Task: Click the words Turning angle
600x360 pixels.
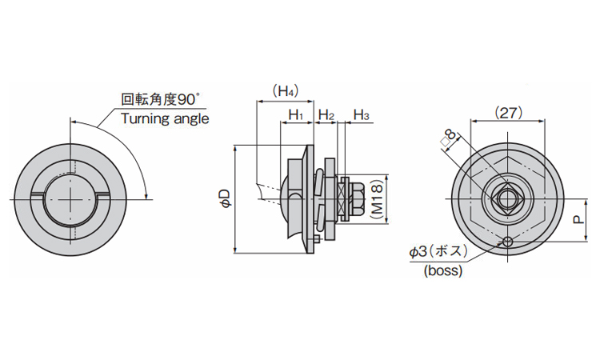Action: tap(165, 118)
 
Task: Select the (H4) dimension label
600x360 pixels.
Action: tap(284, 91)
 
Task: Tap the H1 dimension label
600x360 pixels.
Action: tap(295, 116)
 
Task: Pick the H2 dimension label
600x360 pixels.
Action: tap(326, 116)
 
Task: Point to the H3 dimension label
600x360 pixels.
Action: tap(361, 116)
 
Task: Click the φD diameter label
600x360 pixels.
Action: tap(226, 198)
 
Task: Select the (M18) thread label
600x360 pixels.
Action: tap(376, 198)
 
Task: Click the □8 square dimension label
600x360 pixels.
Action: tap(450, 140)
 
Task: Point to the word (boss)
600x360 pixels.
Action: tap(442, 270)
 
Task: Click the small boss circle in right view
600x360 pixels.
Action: tap(508, 242)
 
